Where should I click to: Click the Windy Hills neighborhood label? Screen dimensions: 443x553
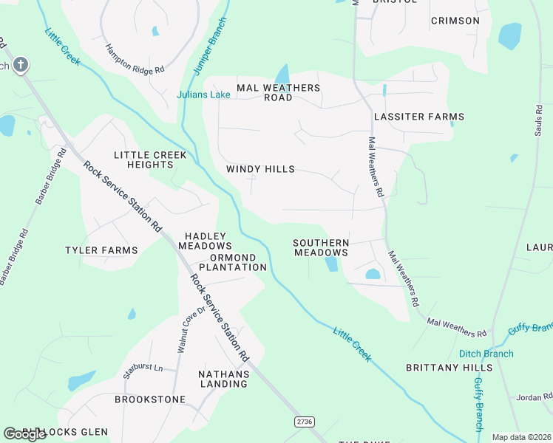click(x=260, y=169)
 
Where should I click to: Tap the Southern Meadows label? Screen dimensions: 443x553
click(x=321, y=247)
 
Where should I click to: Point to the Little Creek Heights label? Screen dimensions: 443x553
click(x=143, y=159)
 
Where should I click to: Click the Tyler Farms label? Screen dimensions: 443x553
click(x=101, y=250)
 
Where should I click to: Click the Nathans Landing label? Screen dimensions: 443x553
click(x=223, y=379)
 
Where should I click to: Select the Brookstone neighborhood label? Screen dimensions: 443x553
click(x=150, y=399)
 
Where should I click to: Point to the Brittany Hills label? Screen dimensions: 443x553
click(x=449, y=367)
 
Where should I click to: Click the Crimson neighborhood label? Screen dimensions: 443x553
click(x=455, y=21)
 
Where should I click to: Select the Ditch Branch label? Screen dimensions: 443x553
click(x=486, y=354)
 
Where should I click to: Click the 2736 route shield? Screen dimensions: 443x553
click(x=304, y=421)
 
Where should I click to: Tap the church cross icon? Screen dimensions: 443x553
click(x=21, y=65)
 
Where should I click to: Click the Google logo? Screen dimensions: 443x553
click(x=24, y=434)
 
